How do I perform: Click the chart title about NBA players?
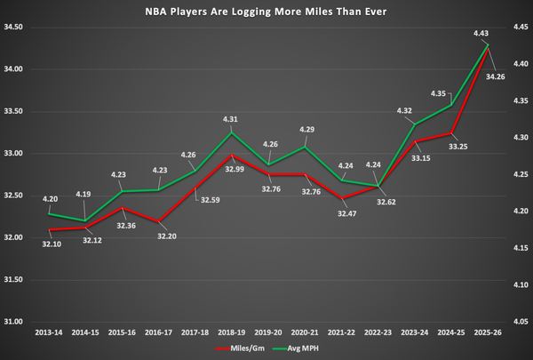(266, 12)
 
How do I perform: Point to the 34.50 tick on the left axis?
(15, 28)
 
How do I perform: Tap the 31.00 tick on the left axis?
(15, 322)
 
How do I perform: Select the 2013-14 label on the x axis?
(50, 332)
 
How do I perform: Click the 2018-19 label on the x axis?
(233, 332)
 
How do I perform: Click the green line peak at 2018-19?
(233, 132)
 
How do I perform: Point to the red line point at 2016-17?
(159, 221)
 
